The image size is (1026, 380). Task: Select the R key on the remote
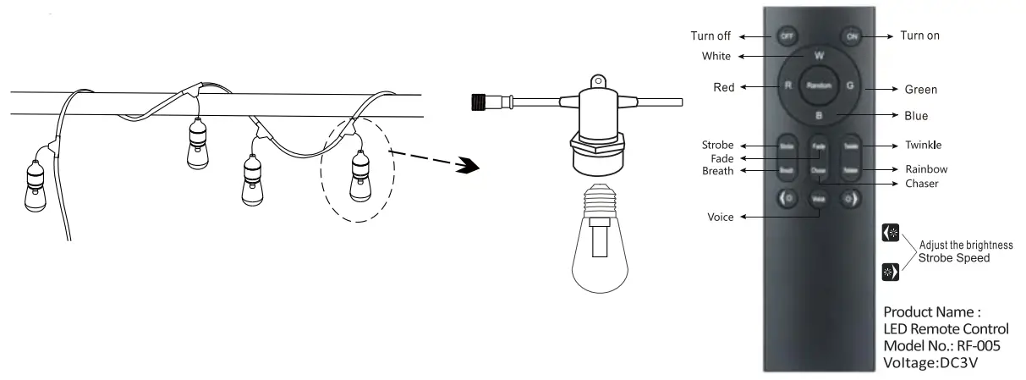[x=787, y=85]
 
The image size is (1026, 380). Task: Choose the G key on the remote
[x=850, y=85]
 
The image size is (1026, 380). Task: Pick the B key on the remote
[x=818, y=115]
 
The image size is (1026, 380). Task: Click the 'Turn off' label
[x=712, y=36]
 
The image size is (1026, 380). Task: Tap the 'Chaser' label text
[x=922, y=183]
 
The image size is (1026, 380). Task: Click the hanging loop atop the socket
[x=599, y=81]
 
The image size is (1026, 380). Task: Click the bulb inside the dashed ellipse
[x=359, y=174]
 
